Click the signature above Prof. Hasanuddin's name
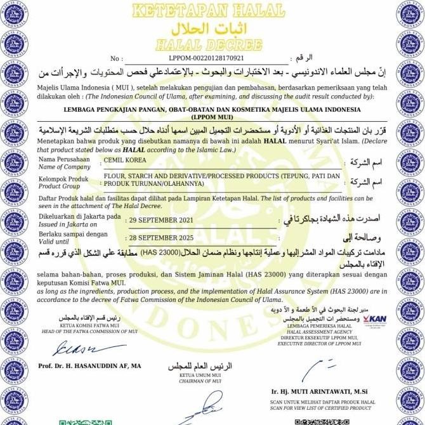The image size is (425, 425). click(x=83, y=348)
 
